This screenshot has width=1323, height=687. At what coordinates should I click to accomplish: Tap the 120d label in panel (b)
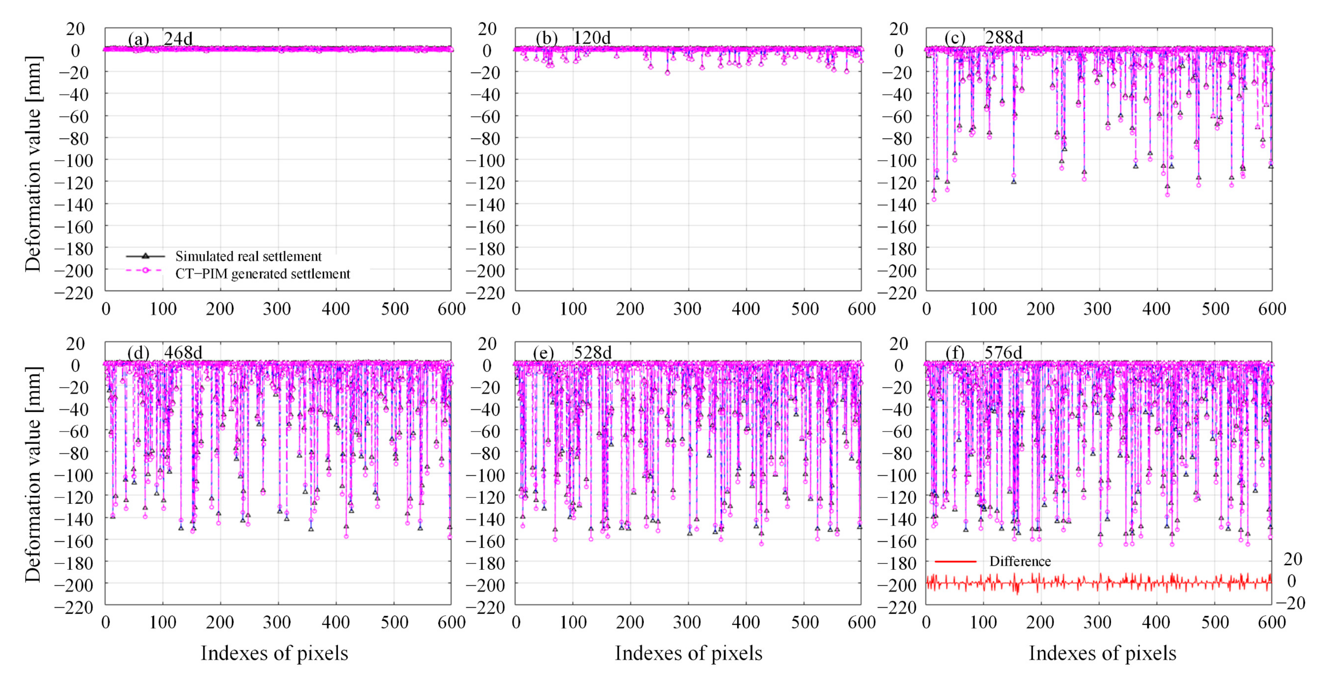tap(592, 38)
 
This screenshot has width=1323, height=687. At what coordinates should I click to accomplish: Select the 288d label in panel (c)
tap(1004, 38)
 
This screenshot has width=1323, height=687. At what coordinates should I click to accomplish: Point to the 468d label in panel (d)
tap(183, 353)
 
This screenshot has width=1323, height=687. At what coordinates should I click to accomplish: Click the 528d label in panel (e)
tap(592, 353)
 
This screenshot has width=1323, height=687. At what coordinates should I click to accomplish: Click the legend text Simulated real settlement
tap(249, 256)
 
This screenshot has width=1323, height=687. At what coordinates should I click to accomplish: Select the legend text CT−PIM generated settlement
tap(262, 274)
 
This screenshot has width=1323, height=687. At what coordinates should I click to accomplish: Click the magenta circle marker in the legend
tap(145, 270)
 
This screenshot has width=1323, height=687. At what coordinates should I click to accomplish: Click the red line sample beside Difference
tap(955, 561)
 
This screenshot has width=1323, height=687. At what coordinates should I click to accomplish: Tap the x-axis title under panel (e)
tap(688, 653)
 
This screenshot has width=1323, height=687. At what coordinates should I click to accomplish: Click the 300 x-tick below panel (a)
tap(277, 309)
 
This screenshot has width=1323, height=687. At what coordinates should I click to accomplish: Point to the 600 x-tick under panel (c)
tap(1272, 309)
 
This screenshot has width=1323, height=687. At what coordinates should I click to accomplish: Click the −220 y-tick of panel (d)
tap(75, 607)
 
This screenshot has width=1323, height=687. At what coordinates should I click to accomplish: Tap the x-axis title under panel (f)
tap(1102, 653)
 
